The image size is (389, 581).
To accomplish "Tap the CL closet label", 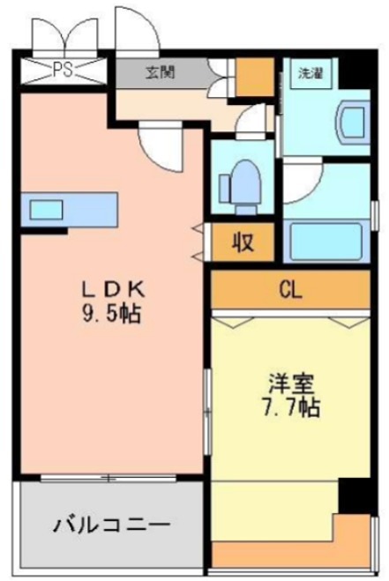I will pyautogui.click(x=290, y=288).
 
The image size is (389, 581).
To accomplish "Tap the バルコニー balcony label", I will pyautogui.click(x=110, y=526).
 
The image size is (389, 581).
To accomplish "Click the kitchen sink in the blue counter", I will pyautogui.click(x=46, y=210).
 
